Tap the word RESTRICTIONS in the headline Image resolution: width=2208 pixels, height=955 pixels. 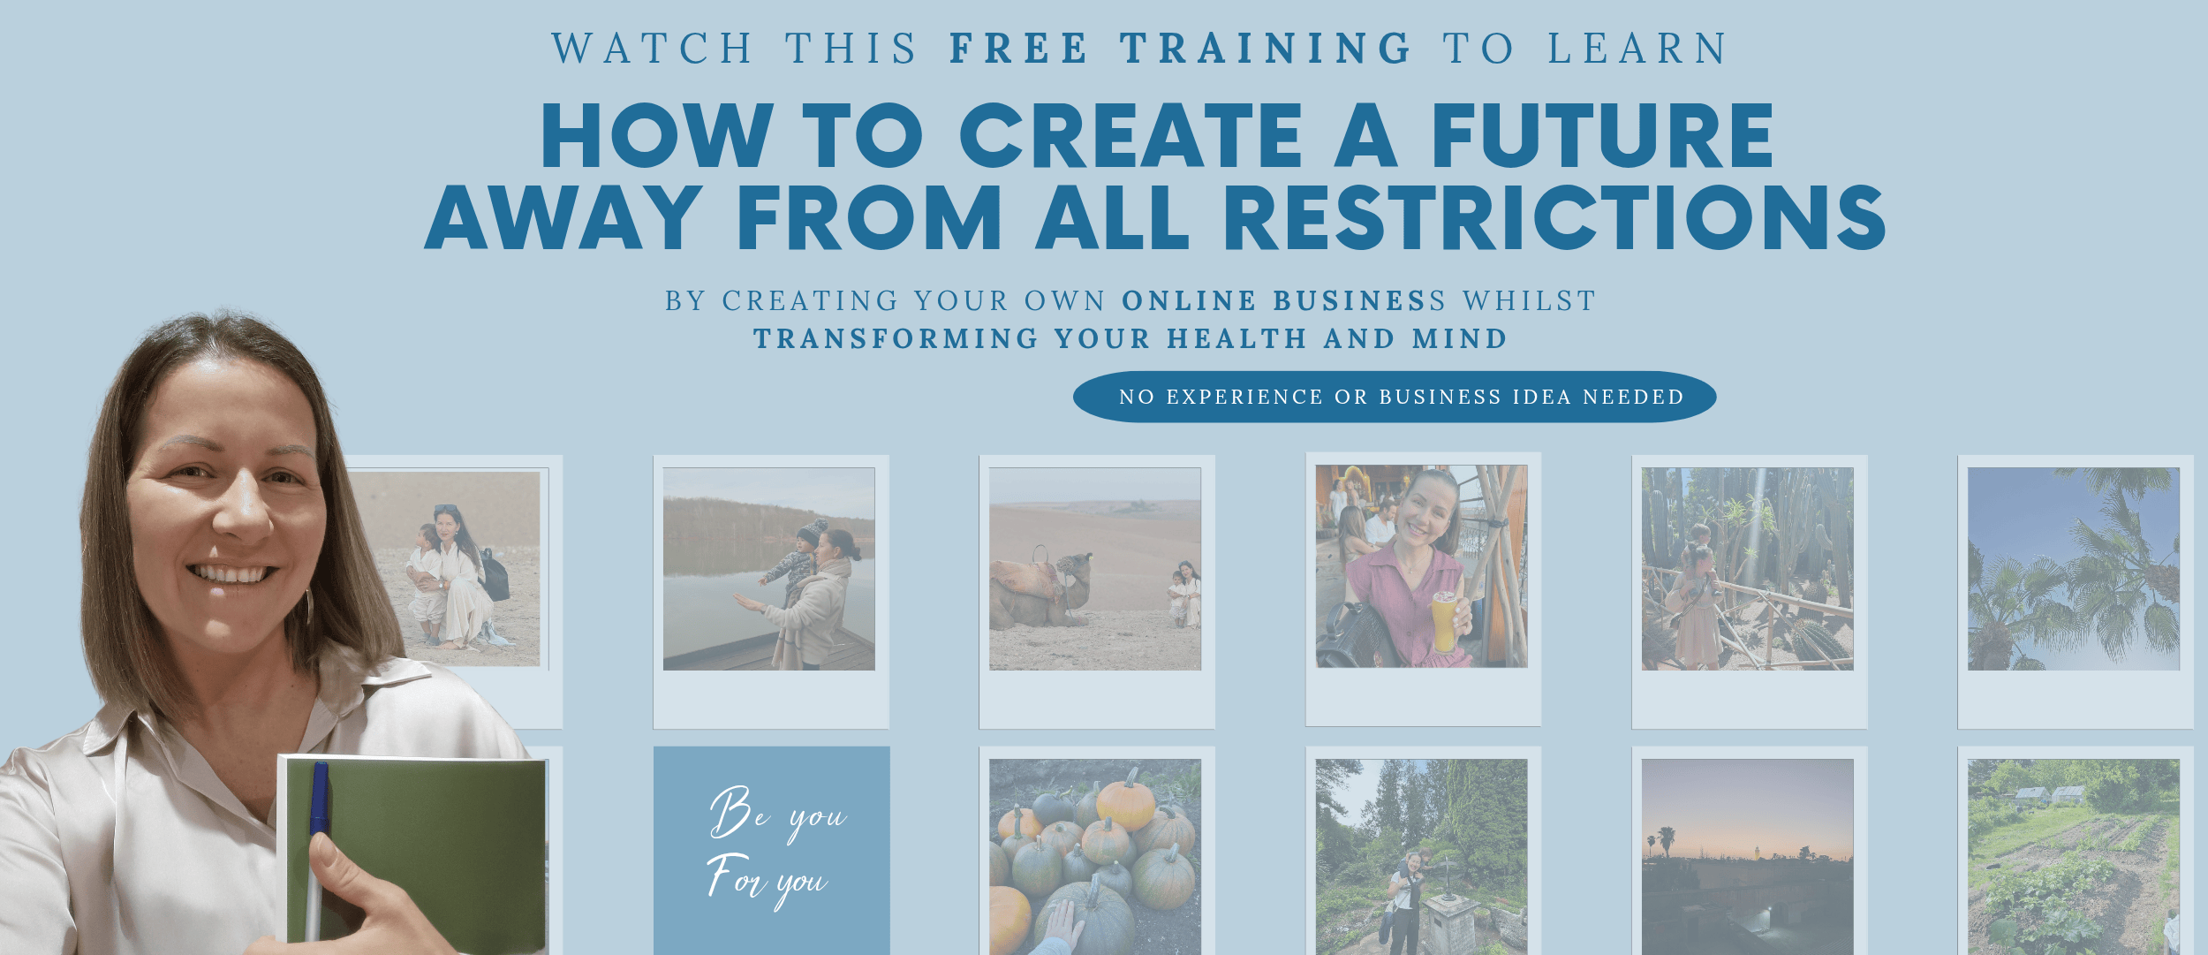coord(1554,217)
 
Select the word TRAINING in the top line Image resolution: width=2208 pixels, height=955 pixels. coord(1267,49)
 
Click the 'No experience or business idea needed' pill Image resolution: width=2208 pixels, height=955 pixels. coord(1395,397)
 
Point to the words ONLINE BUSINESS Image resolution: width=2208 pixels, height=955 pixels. coord(1284,300)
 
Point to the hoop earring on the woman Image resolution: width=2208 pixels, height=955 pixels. coord(309,606)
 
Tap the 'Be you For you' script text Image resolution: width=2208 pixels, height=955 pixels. coord(775,846)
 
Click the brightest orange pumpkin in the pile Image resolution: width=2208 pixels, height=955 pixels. coord(1124,801)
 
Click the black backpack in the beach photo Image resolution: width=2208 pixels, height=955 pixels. coord(495,575)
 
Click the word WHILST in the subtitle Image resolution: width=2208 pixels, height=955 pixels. coord(1529,300)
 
